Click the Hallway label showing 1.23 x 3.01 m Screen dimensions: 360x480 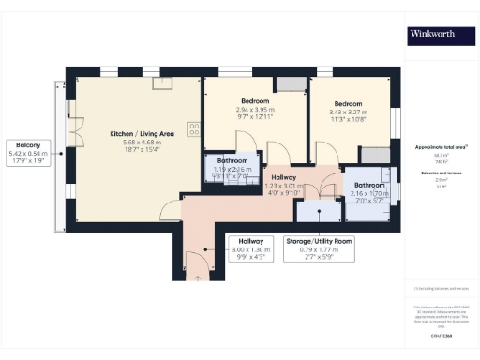(x=284, y=184)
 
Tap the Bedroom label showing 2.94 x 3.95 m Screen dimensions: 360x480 (x=254, y=108)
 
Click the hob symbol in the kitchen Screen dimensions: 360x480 (x=195, y=129)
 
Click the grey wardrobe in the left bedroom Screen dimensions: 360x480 (x=291, y=85)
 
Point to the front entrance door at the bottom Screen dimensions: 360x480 (x=196, y=267)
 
